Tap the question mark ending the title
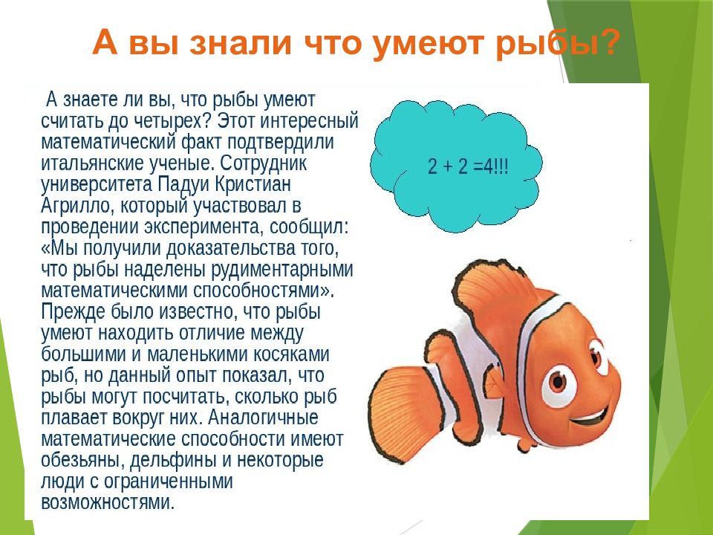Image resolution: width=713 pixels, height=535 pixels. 606,43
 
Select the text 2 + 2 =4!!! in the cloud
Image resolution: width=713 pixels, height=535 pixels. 468,168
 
